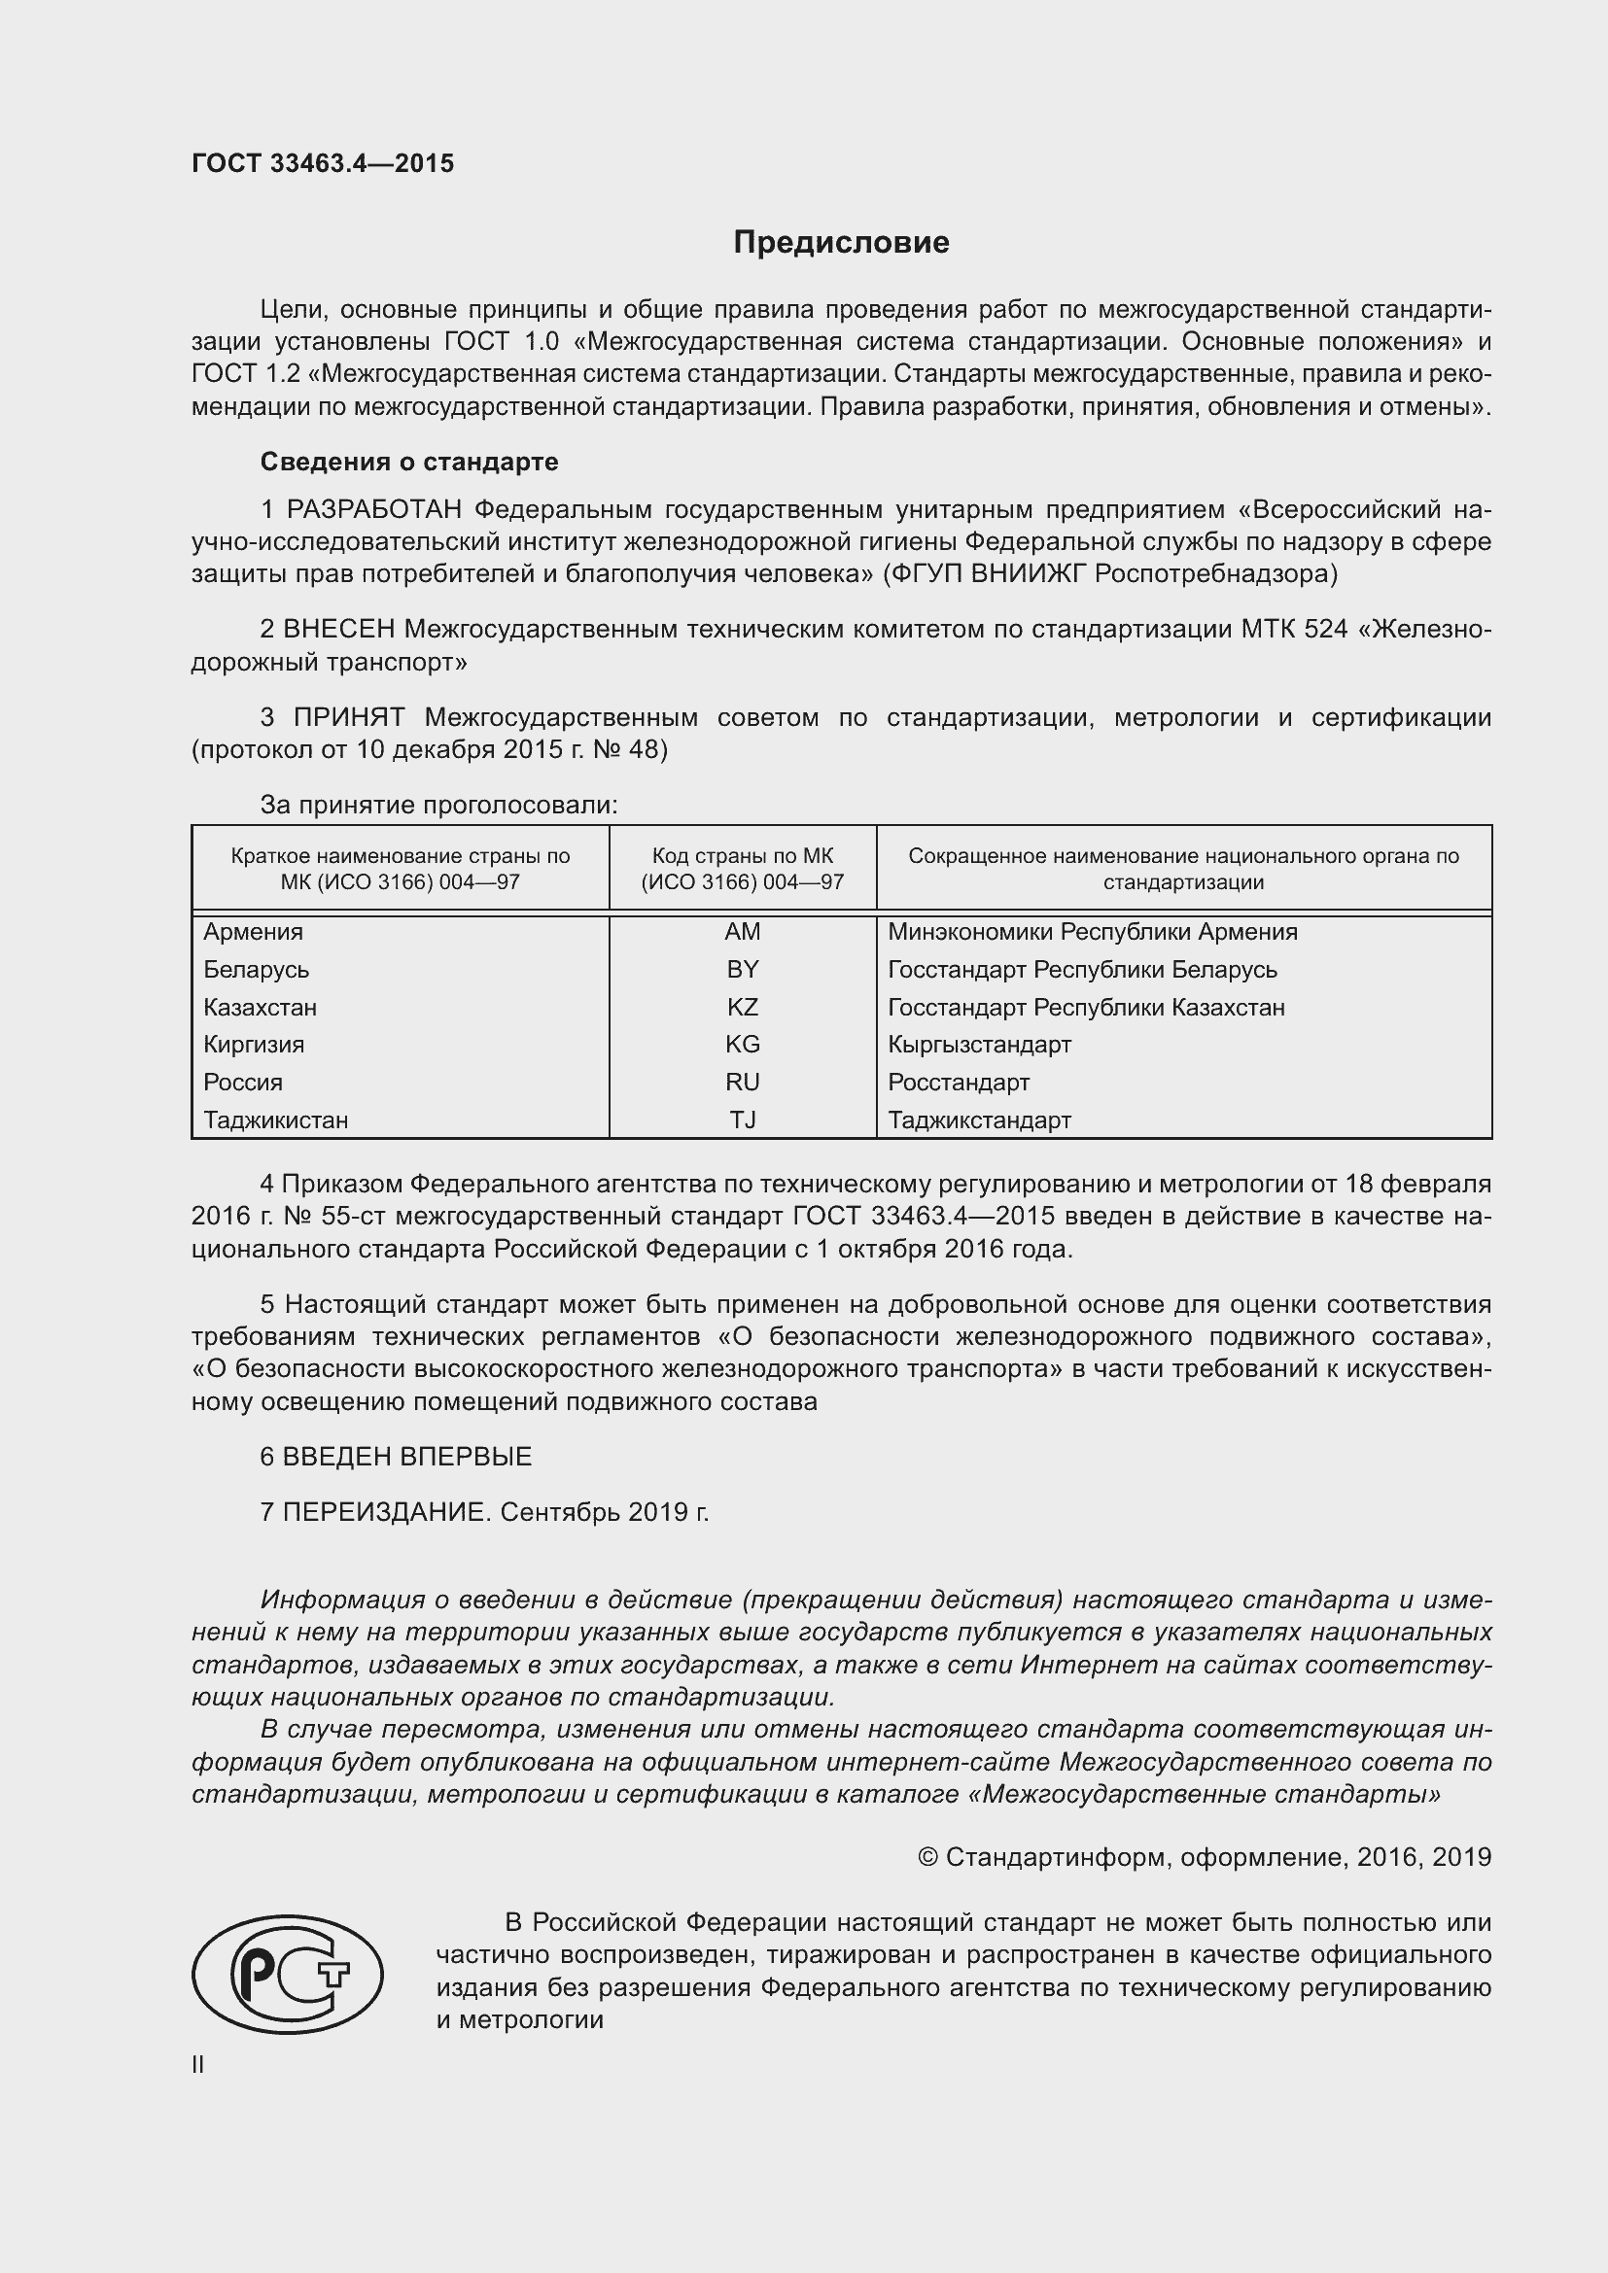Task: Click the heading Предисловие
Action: [841, 243]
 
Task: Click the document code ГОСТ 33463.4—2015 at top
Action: [323, 163]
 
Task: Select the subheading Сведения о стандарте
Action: [409, 463]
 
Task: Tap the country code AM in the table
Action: [742, 932]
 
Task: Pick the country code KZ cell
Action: [742, 1007]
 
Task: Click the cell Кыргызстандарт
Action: [979, 1045]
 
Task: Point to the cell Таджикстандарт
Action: [979, 1119]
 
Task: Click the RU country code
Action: [742, 1082]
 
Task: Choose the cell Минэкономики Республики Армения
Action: [1092, 932]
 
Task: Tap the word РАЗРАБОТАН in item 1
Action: [373, 510]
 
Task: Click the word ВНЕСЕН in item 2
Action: [338, 629]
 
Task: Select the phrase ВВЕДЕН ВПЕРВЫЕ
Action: [407, 1457]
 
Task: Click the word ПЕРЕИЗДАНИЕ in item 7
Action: [386, 1512]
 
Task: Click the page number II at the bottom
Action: [198, 2064]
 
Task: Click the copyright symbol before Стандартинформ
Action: [927, 1857]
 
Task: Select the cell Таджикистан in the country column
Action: [275, 1119]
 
